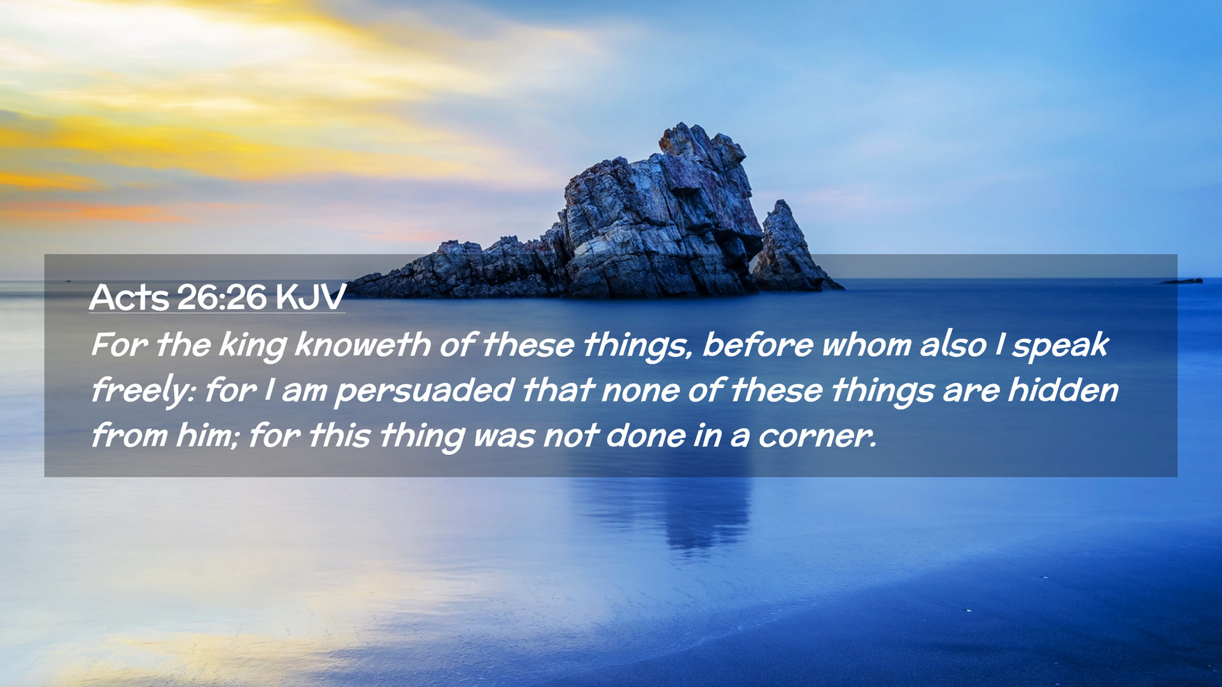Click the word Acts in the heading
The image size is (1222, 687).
coord(129,297)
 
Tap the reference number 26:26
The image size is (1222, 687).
coord(221,297)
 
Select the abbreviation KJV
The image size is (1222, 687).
coord(311,297)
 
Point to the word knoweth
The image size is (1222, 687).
coord(362,345)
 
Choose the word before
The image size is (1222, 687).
coord(757,345)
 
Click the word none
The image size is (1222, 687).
coord(640,391)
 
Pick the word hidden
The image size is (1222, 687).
coord(1063,390)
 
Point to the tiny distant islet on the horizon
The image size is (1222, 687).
coord(1183,281)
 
